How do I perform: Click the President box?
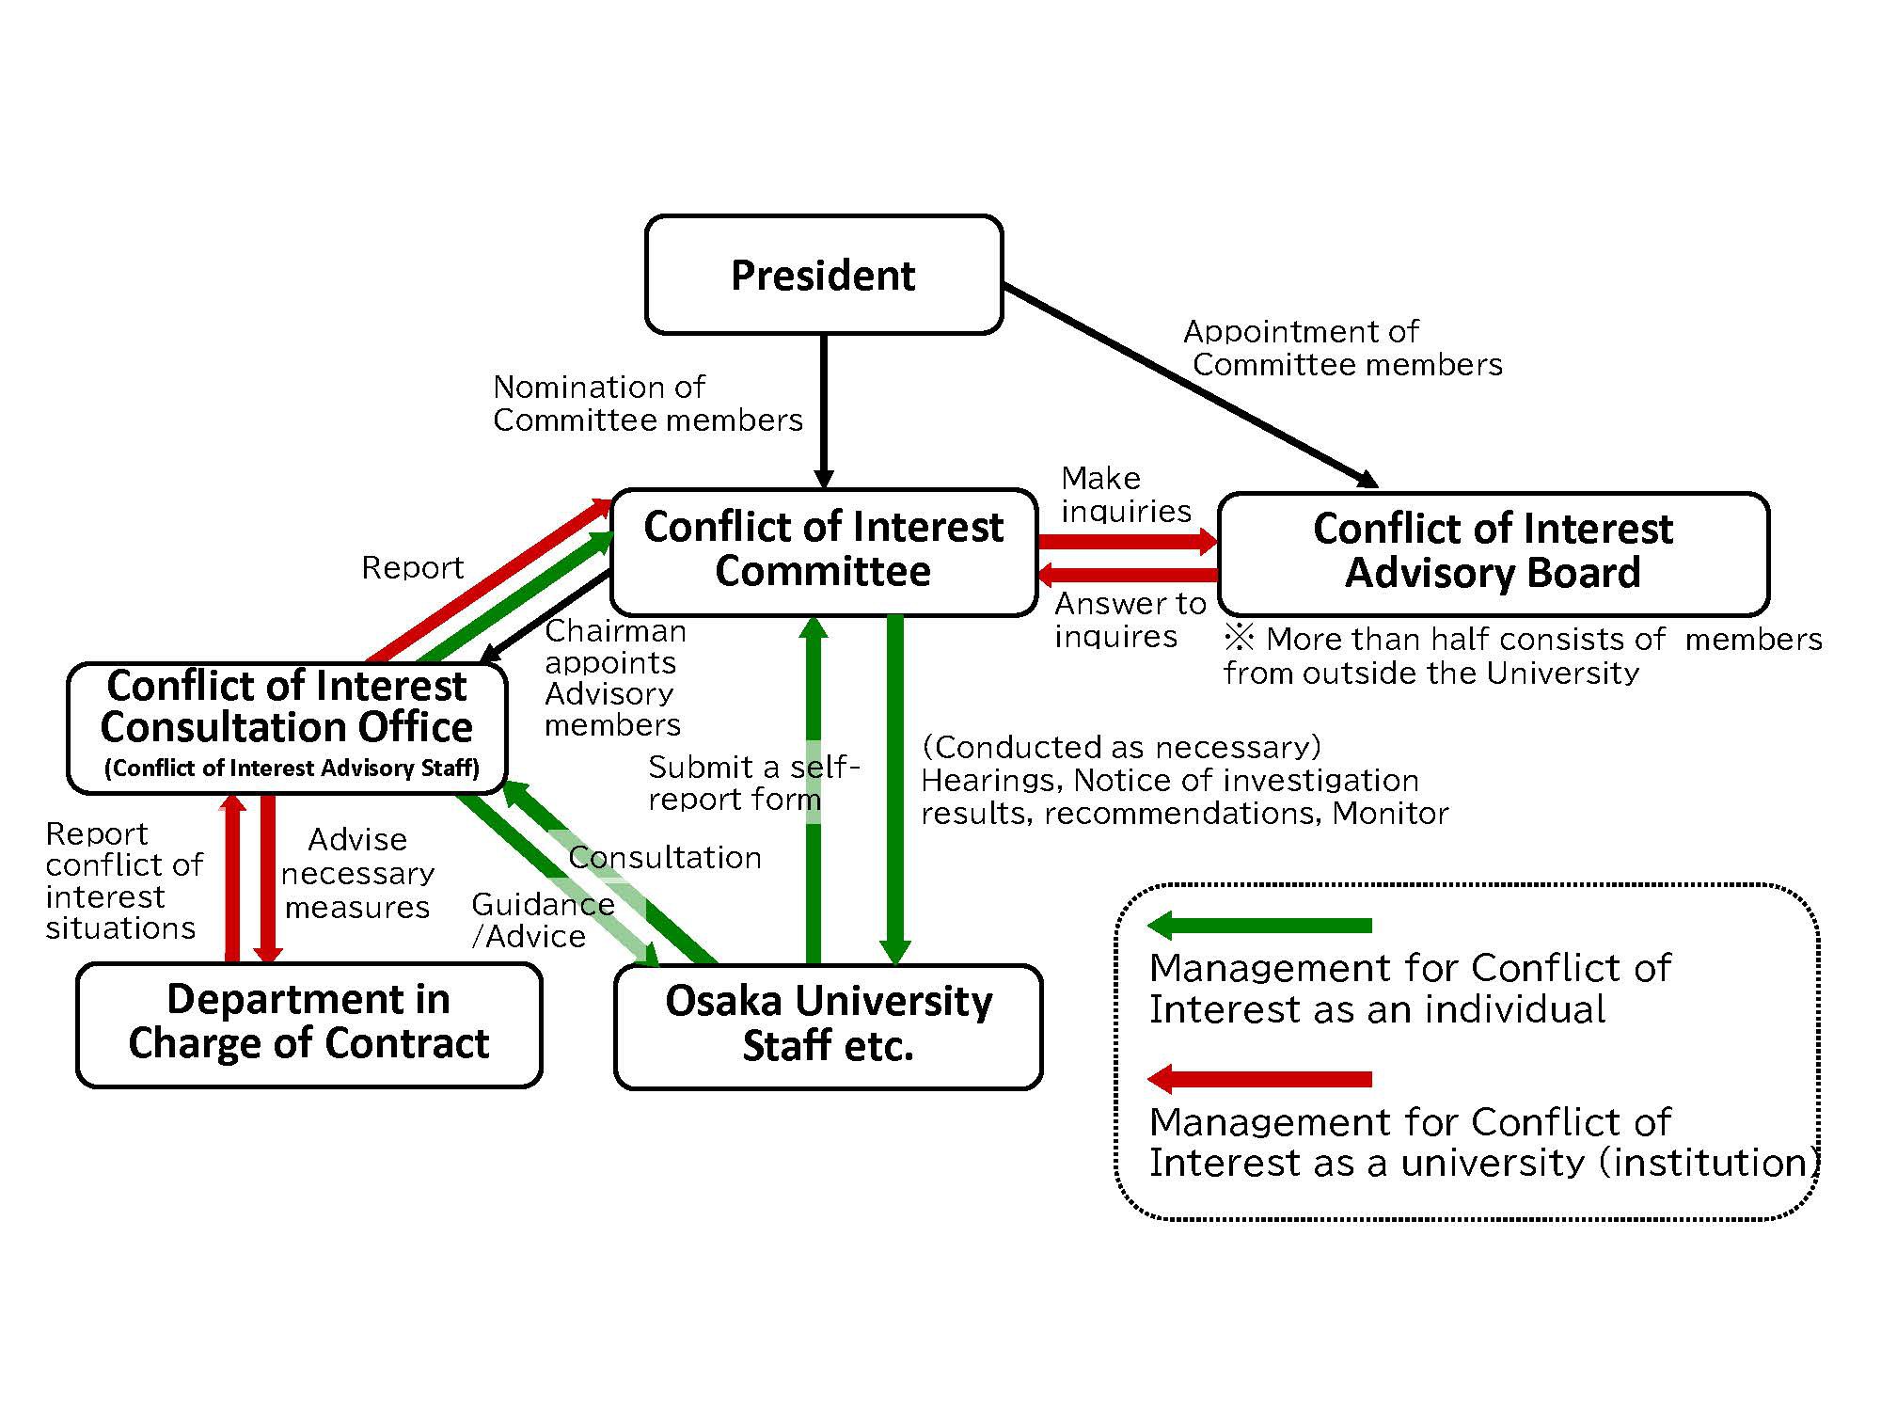coord(823,275)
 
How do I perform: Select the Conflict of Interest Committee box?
coord(823,550)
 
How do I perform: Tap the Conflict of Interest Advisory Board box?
coord(1493,551)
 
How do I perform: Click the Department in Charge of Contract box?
coord(308,1023)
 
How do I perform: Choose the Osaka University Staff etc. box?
coord(828,1024)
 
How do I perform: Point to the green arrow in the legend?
coord(1260,926)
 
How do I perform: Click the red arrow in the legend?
coord(1260,1079)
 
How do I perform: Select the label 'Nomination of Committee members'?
coord(647,404)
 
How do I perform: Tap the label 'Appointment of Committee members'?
coord(1343,348)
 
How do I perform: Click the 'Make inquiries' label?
coord(1125,495)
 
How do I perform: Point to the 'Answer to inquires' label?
coord(1129,620)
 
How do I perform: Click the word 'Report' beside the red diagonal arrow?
coord(413,568)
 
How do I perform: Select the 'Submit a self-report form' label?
coord(752,783)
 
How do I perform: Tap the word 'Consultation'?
coord(664,858)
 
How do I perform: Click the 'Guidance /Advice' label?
coord(542,920)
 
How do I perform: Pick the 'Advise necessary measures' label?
coord(357,873)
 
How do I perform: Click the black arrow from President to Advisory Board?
coord(1190,386)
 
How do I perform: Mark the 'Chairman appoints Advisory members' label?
coord(613,677)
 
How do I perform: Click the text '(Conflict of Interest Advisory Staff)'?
coord(292,769)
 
